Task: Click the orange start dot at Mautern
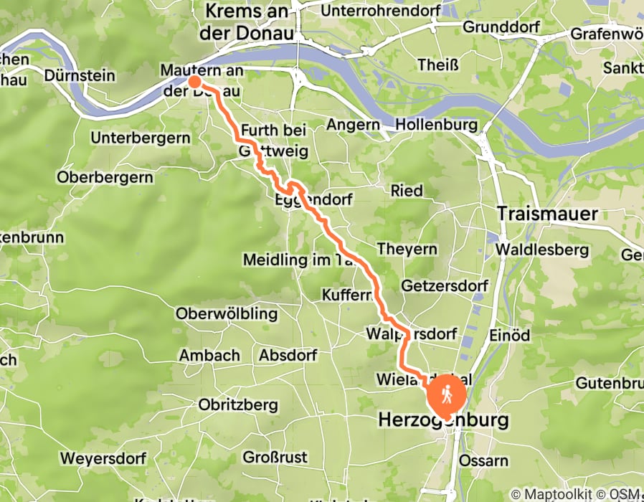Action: [194, 81]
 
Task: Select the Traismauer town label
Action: [547, 214]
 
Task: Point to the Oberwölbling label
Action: [226, 313]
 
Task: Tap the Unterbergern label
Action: [141, 137]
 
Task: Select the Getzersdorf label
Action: [445, 285]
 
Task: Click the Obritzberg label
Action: [238, 405]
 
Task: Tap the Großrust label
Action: [275, 457]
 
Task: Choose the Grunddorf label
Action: [496, 27]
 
